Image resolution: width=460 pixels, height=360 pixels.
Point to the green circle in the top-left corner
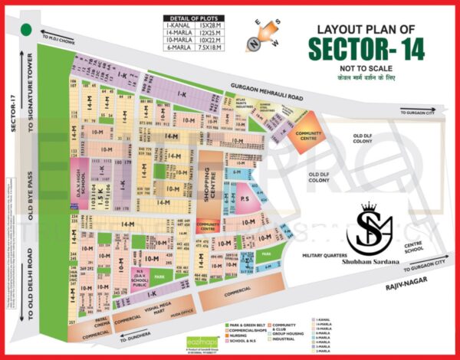point(27,30)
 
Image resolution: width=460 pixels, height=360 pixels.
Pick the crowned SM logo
point(370,226)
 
